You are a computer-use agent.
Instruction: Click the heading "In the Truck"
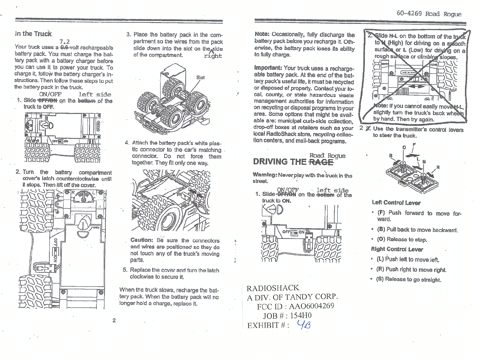point(33,34)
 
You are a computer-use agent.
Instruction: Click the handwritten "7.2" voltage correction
point(64,42)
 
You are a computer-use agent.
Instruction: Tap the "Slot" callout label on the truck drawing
point(200,77)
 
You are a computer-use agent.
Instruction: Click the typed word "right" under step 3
point(213,56)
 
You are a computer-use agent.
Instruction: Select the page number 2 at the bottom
point(114,320)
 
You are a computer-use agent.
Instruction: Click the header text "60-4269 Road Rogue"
point(429,14)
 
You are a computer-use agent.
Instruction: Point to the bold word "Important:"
point(268,68)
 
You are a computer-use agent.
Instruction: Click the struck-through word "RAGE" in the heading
point(321,162)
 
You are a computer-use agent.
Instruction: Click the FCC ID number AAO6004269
point(311,306)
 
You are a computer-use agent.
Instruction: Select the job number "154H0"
point(301,315)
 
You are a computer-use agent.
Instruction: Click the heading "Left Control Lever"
point(396,203)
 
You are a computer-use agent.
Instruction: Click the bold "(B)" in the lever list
point(381,230)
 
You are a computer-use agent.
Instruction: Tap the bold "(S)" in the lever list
point(380,279)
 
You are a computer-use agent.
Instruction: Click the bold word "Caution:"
point(142,240)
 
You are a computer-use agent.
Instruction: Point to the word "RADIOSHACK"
point(273,288)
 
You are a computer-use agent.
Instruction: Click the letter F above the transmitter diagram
point(414,145)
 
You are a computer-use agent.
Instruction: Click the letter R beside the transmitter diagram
point(438,167)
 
